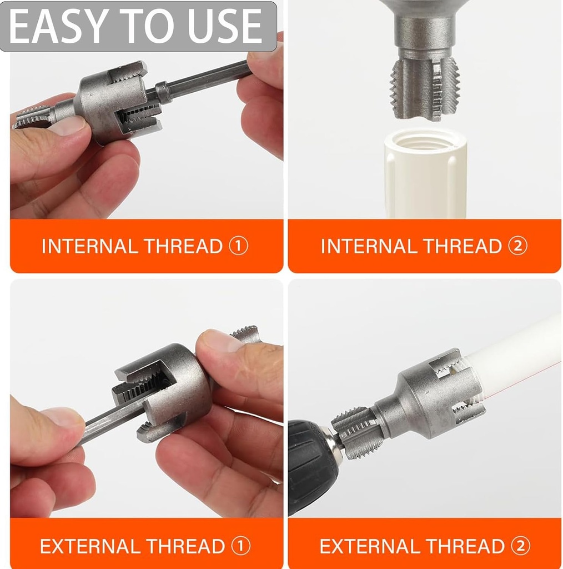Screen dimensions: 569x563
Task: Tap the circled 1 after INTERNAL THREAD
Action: pos(238,246)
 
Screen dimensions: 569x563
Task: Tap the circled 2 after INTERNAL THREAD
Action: pos(517,246)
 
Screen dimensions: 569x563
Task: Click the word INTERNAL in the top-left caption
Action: pos(92,246)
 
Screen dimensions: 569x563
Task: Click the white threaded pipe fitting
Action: pos(425,172)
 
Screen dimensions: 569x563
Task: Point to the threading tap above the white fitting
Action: pos(425,89)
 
